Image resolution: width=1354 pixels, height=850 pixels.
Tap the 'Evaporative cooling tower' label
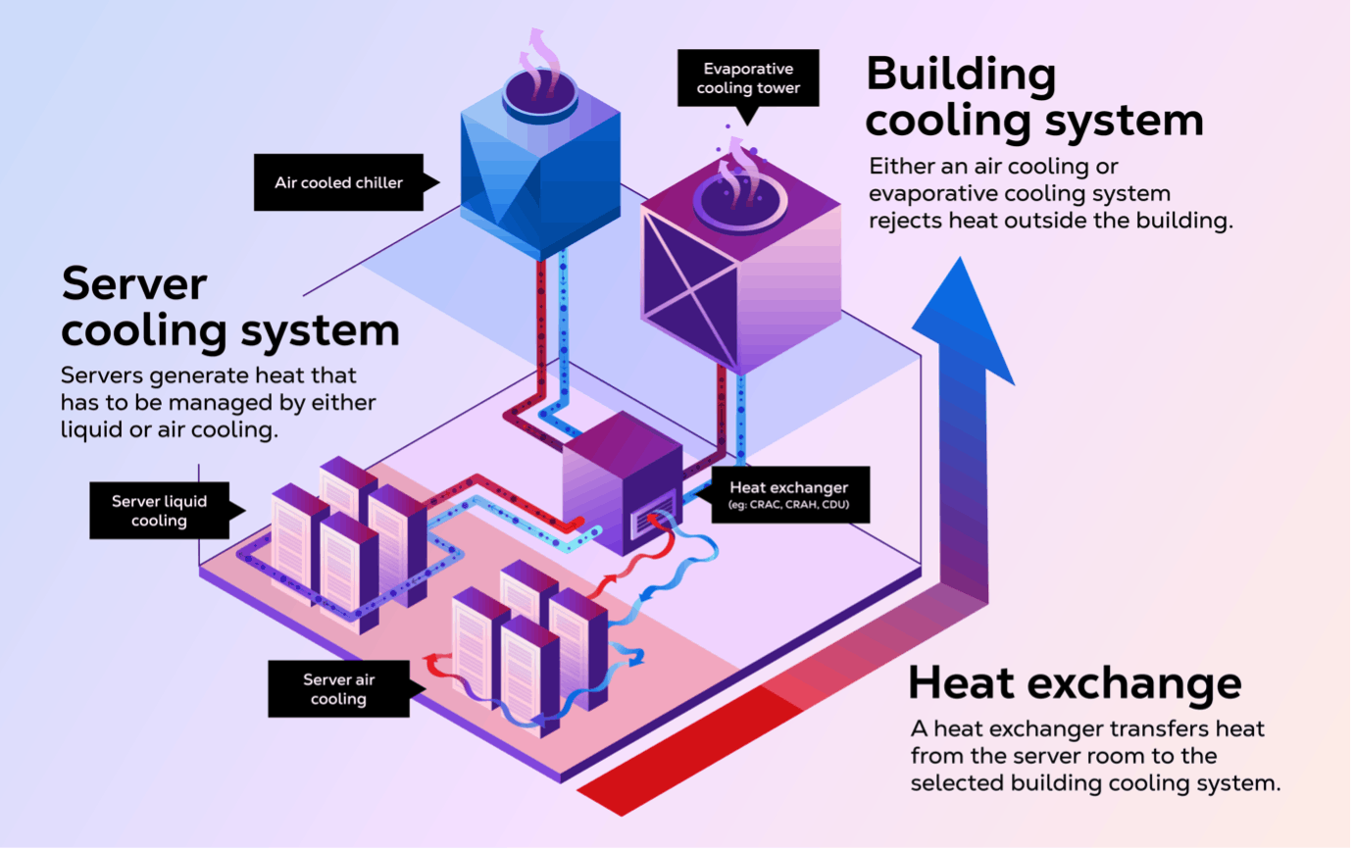[x=748, y=78]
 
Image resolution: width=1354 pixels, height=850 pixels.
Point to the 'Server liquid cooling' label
[x=163, y=510]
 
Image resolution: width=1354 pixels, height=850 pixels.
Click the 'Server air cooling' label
[x=342, y=688]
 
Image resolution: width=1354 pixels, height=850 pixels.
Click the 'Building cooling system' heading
[x=1034, y=97]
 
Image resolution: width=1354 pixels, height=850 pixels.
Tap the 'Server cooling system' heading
[x=230, y=307]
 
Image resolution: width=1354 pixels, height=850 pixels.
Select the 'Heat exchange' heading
[x=1075, y=683]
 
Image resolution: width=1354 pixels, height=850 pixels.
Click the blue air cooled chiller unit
[x=540, y=175]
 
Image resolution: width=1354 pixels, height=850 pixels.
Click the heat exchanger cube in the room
[x=623, y=482]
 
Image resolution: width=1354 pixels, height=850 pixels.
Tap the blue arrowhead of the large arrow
[x=963, y=322]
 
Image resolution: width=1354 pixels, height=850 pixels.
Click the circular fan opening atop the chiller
[x=540, y=95]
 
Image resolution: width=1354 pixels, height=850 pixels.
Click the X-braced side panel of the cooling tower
[x=689, y=291]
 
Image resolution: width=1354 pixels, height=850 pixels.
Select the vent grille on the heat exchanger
[x=652, y=514]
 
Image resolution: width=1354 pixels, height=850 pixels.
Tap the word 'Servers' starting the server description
[x=102, y=376]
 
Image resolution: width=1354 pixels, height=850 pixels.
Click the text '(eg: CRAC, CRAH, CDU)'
[x=789, y=505]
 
